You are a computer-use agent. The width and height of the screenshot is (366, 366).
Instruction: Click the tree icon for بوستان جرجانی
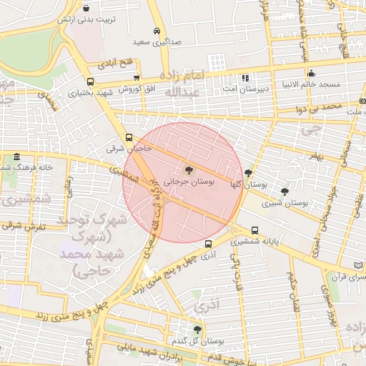tap(188, 170)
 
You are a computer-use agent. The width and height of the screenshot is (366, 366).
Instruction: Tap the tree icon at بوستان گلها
tap(248, 173)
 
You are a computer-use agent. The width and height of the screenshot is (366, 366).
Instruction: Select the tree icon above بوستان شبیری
tap(285, 192)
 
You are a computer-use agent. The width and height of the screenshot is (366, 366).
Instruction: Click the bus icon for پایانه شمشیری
tap(255, 230)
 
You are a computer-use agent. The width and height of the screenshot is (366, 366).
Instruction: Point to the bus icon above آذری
tap(208, 243)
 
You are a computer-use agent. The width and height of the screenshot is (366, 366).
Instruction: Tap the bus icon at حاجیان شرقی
tap(129, 137)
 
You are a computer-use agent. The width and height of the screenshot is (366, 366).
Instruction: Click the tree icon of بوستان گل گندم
tap(197, 329)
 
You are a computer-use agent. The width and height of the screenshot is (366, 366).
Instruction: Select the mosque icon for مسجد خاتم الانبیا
tap(310, 73)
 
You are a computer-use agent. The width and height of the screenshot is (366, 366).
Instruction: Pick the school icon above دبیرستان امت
tap(245, 77)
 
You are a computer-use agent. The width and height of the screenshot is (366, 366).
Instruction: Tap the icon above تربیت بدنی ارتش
tap(86, 9)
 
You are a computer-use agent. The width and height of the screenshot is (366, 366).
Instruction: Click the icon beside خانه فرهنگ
tap(16, 157)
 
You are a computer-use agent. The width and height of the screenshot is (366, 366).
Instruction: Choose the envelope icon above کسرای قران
tap(359, 264)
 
